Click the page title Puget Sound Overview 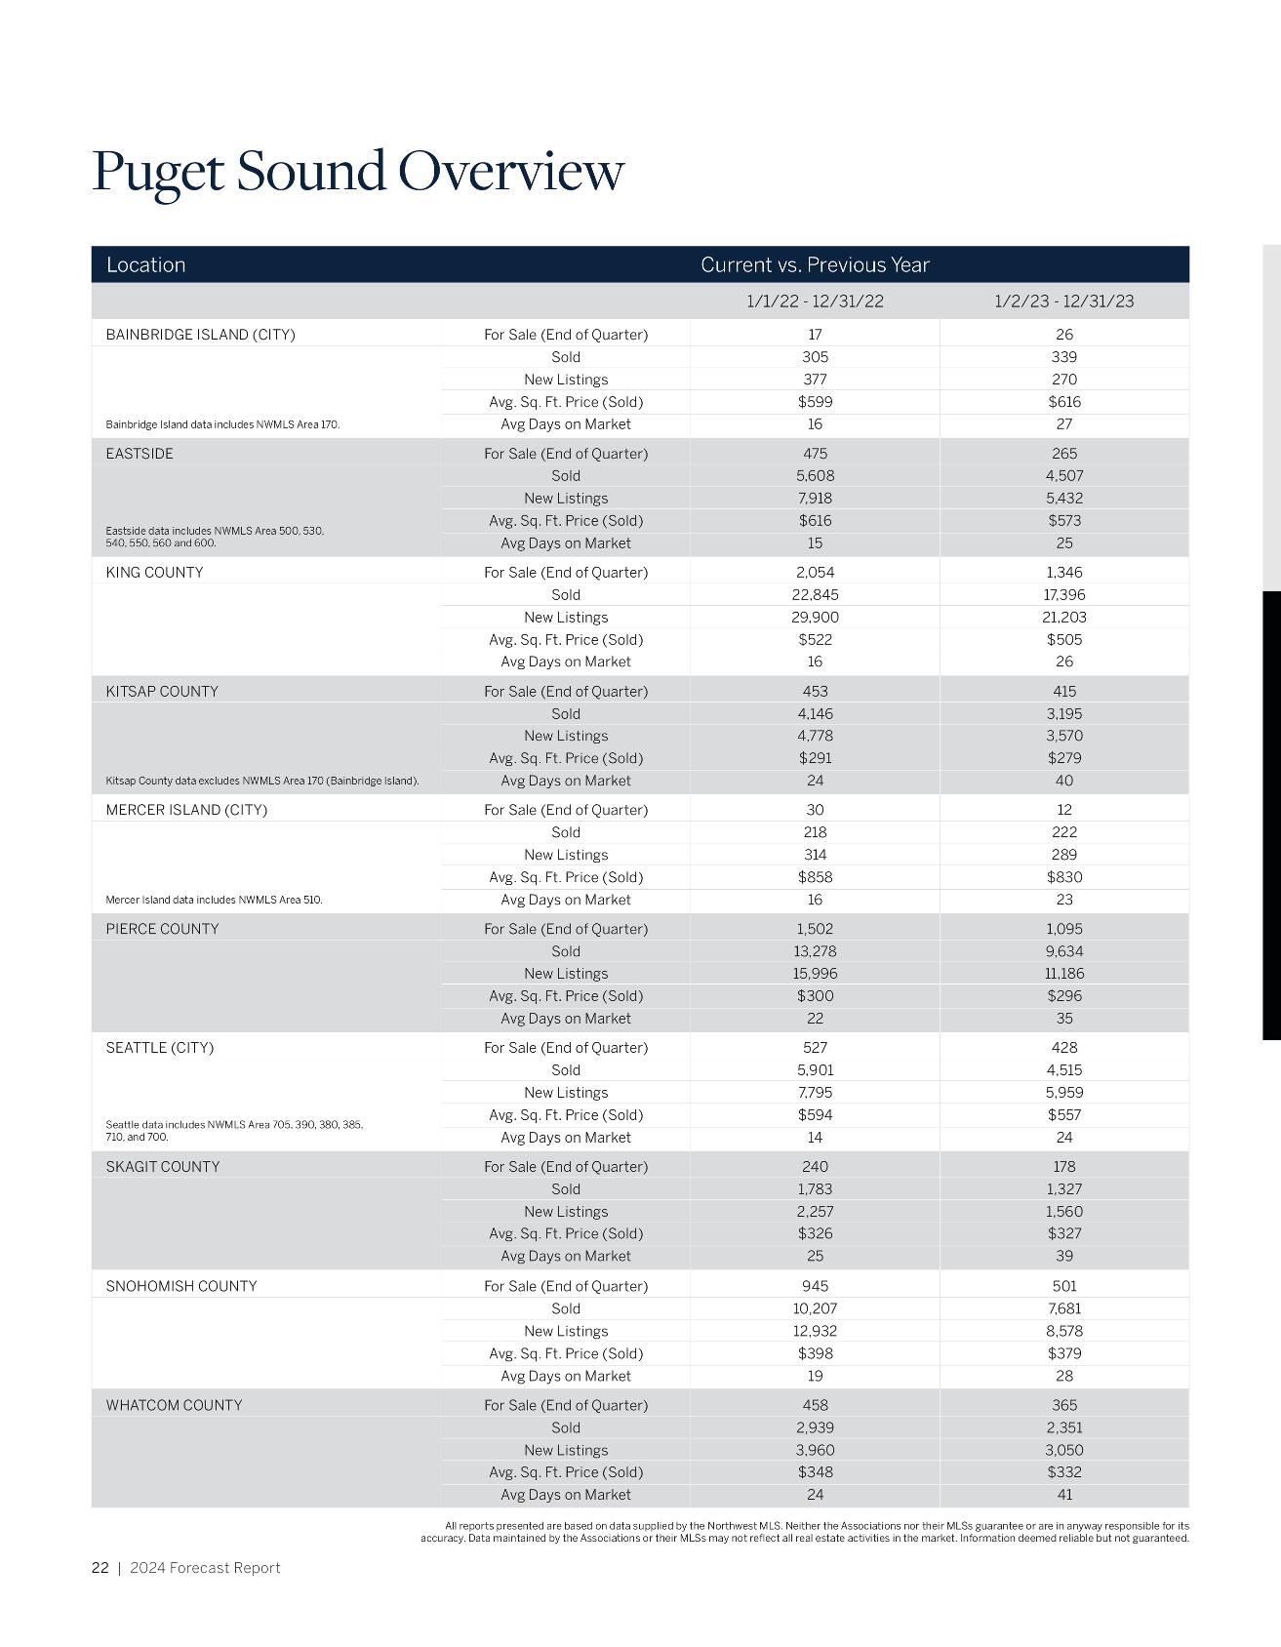pos(357,171)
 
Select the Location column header pos(145,264)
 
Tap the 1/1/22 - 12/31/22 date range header pos(815,301)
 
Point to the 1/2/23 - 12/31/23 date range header pos(1063,301)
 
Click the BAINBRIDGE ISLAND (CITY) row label pos(200,335)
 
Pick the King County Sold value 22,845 pos(815,594)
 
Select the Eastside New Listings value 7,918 pos(815,498)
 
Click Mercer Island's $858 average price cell pos(815,877)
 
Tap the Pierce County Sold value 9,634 pos(1063,951)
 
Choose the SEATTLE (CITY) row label pos(159,1048)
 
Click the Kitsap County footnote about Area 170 pos(261,781)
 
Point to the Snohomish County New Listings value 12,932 pos(815,1331)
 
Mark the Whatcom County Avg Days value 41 pos(1063,1495)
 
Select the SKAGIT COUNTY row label pos(162,1167)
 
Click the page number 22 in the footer pos(100,1568)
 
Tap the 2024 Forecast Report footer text pos(205,1568)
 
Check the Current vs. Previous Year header pos(815,264)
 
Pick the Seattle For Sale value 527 pos(815,1048)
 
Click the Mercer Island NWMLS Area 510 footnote pos(214,900)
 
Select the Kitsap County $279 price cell pos(1063,758)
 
